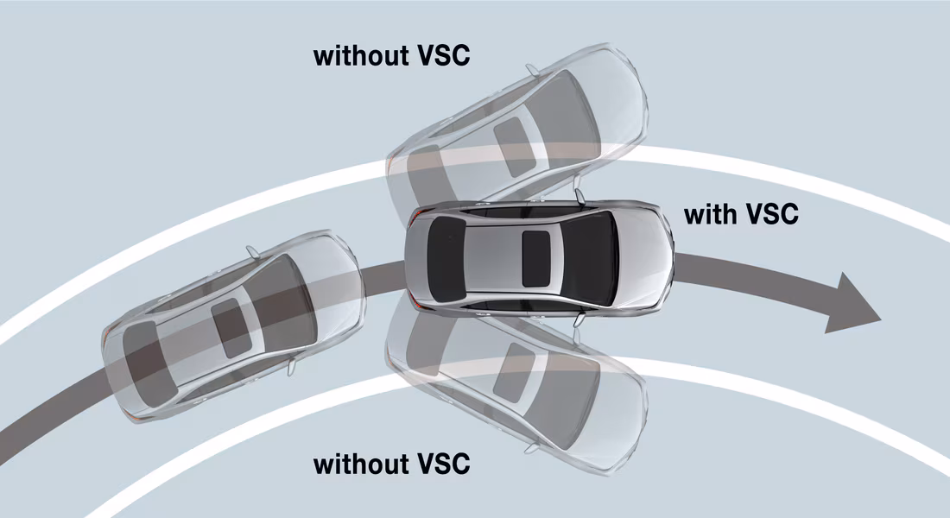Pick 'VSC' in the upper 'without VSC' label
tap(442, 56)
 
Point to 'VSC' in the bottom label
tap(442, 464)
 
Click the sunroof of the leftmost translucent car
tap(231, 328)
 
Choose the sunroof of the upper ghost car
tap(512, 132)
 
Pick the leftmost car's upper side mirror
tap(251, 250)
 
